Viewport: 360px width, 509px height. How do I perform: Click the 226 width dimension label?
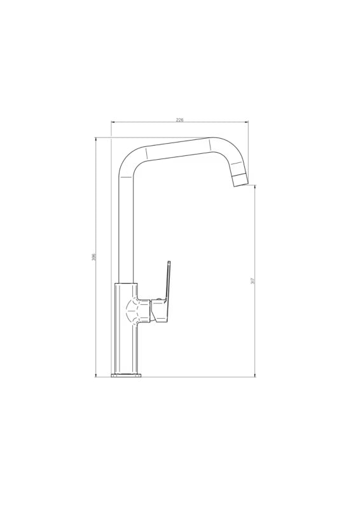point(179,120)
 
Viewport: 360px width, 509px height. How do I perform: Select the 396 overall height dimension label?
point(93,258)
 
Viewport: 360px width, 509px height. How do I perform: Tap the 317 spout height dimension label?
point(253,281)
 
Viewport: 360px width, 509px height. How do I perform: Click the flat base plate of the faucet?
point(127,375)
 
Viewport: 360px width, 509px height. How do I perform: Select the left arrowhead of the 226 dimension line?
point(113,122)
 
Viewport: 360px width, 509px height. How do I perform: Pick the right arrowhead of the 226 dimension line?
point(246,122)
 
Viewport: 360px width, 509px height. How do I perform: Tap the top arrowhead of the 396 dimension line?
point(96,139)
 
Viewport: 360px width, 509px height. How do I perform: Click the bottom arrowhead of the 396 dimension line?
point(96,375)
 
